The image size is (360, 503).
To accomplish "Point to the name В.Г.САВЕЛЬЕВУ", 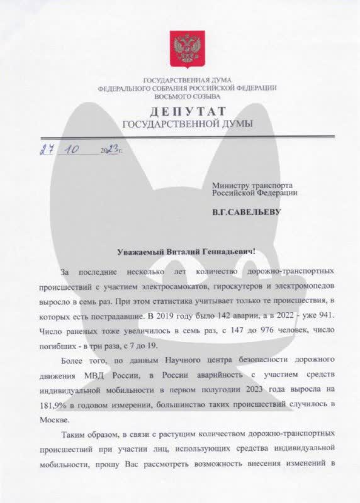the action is click(247, 212).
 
